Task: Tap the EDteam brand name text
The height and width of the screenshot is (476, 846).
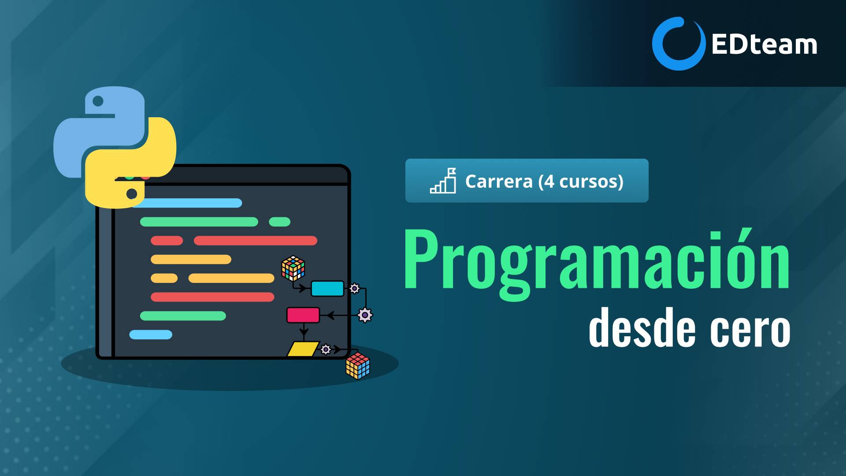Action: click(764, 45)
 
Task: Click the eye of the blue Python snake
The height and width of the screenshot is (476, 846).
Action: click(98, 101)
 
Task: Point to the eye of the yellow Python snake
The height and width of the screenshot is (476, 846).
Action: click(132, 193)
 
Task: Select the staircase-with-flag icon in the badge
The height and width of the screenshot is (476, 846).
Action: click(443, 181)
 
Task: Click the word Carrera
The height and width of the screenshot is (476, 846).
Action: click(499, 181)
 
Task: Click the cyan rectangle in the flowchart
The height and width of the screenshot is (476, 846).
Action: click(327, 289)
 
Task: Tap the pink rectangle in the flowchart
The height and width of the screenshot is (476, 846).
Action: click(303, 315)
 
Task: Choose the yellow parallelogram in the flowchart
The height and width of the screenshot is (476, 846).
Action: click(303, 349)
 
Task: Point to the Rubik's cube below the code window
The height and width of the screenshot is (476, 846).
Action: click(358, 366)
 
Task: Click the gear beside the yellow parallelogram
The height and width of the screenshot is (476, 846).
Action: click(326, 350)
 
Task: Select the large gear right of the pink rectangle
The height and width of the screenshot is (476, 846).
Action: click(365, 315)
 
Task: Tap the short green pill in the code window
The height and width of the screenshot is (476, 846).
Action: click(280, 222)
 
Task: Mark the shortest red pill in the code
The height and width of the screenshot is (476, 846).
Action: click(167, 241)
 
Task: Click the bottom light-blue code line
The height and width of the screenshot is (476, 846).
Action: click(151, 335)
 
